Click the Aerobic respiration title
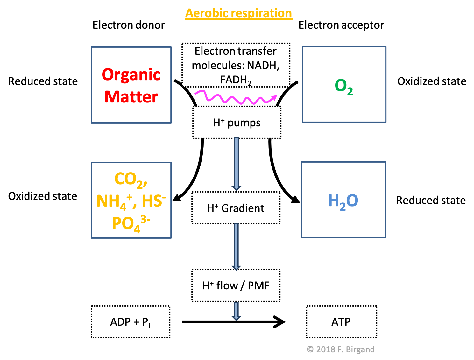tap(239, 13)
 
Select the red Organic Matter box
tap(131, 85)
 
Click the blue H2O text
tap(343, 201)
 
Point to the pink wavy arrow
tap(236, 97)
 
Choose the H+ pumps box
tap(237, 123)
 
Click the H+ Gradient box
tap(236, 208)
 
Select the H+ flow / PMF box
tap(236, 286)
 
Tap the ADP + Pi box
tap(131, 322)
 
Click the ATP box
tap(341, 322)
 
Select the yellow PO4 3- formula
tap(131, 223)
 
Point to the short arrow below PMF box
tap(236, 311)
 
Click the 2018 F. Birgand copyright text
tap(341, 349)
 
